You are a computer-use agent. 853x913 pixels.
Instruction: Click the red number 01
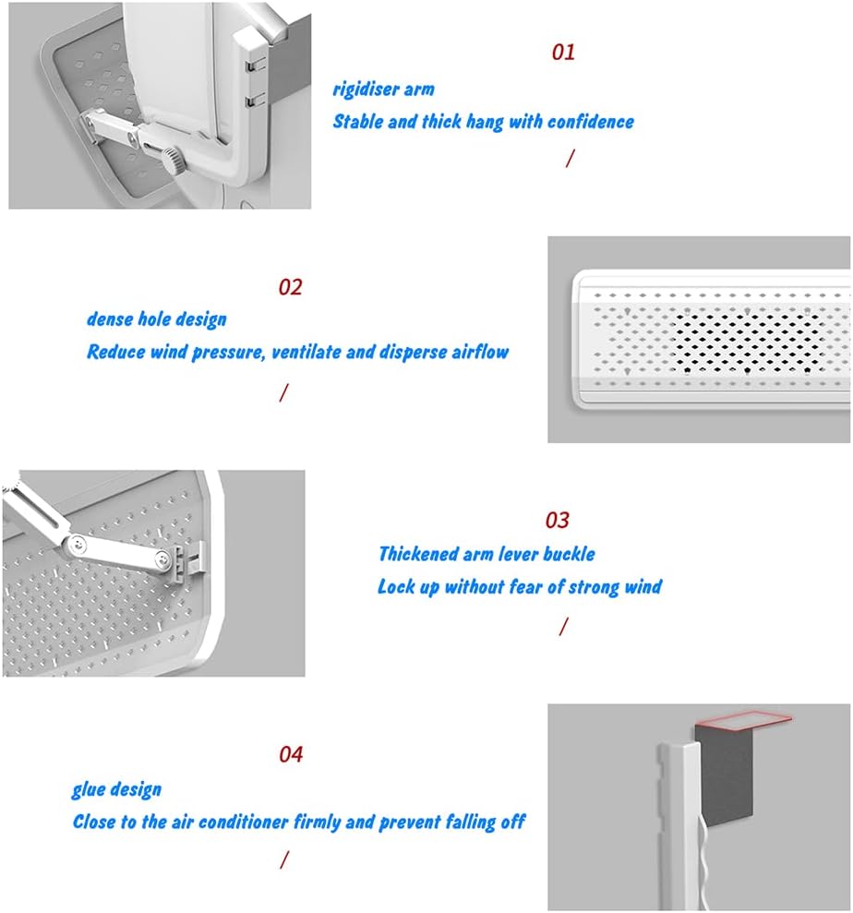coord(563,52)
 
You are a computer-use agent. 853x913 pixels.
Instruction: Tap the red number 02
coord(290,287)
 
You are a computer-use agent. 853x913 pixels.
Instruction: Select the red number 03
coord(557,521)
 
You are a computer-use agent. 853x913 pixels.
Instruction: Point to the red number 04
coord(291,754)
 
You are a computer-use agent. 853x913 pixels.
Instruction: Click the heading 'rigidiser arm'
coord(383,90)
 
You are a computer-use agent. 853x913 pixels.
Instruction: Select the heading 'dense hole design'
coord(156,319)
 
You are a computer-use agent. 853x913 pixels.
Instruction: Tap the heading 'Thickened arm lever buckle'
coord(487,554)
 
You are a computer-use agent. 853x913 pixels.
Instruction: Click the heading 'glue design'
coord(116,789)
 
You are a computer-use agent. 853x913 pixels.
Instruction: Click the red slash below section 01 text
coord(570,158)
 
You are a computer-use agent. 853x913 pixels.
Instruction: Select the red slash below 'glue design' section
coord(283,859)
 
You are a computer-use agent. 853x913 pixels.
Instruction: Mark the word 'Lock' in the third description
coord(396,586)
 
